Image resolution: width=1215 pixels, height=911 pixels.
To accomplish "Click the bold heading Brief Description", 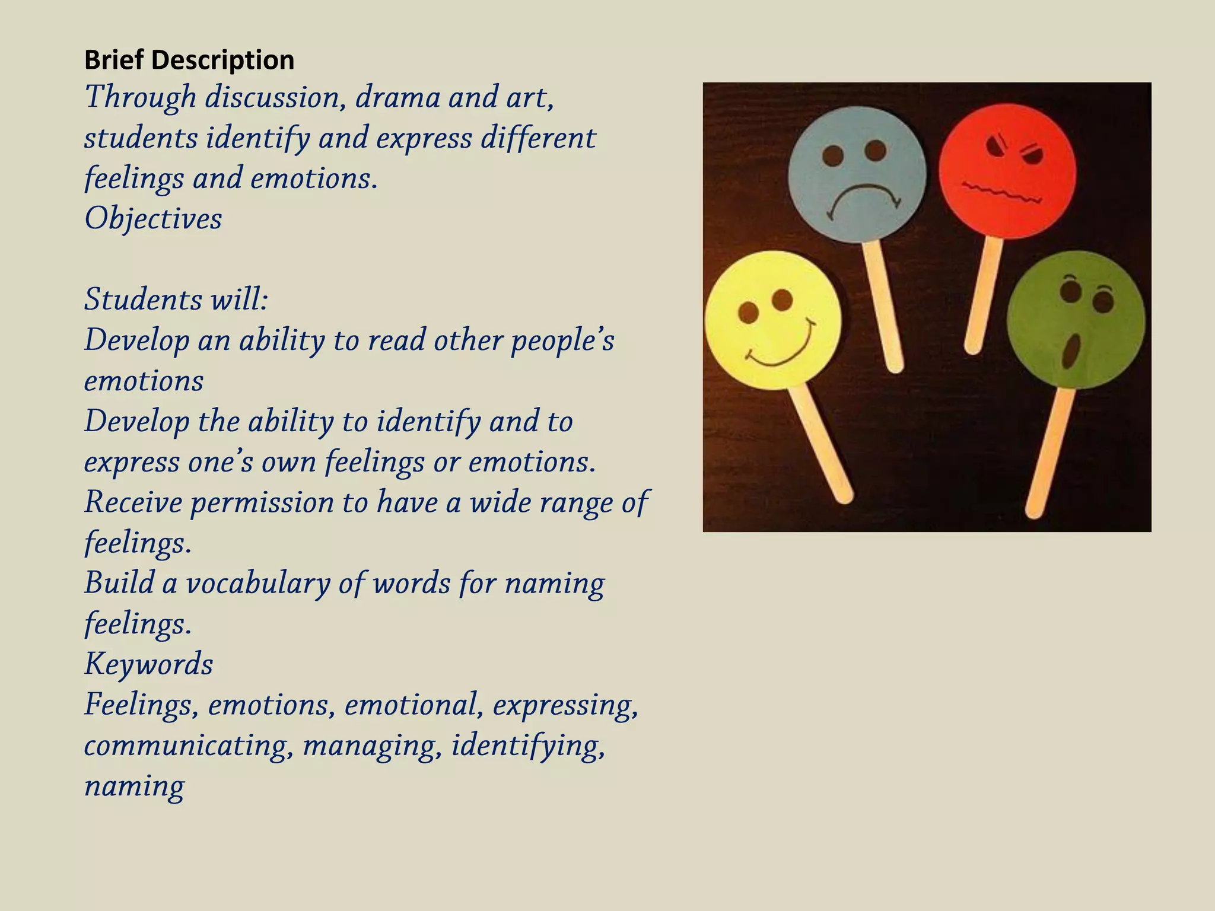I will point(189,60).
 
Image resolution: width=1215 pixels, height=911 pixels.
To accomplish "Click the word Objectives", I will point(153,219).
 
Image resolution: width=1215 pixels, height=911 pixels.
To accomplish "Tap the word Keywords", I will point(148,664).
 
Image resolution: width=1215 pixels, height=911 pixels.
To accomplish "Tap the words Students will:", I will point(176,300).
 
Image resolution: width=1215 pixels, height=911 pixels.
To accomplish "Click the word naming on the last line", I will point(134,786).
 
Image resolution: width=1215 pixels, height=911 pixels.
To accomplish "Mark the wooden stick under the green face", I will point(1052,451).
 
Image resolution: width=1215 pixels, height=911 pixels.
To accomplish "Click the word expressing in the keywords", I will point(565,705).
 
